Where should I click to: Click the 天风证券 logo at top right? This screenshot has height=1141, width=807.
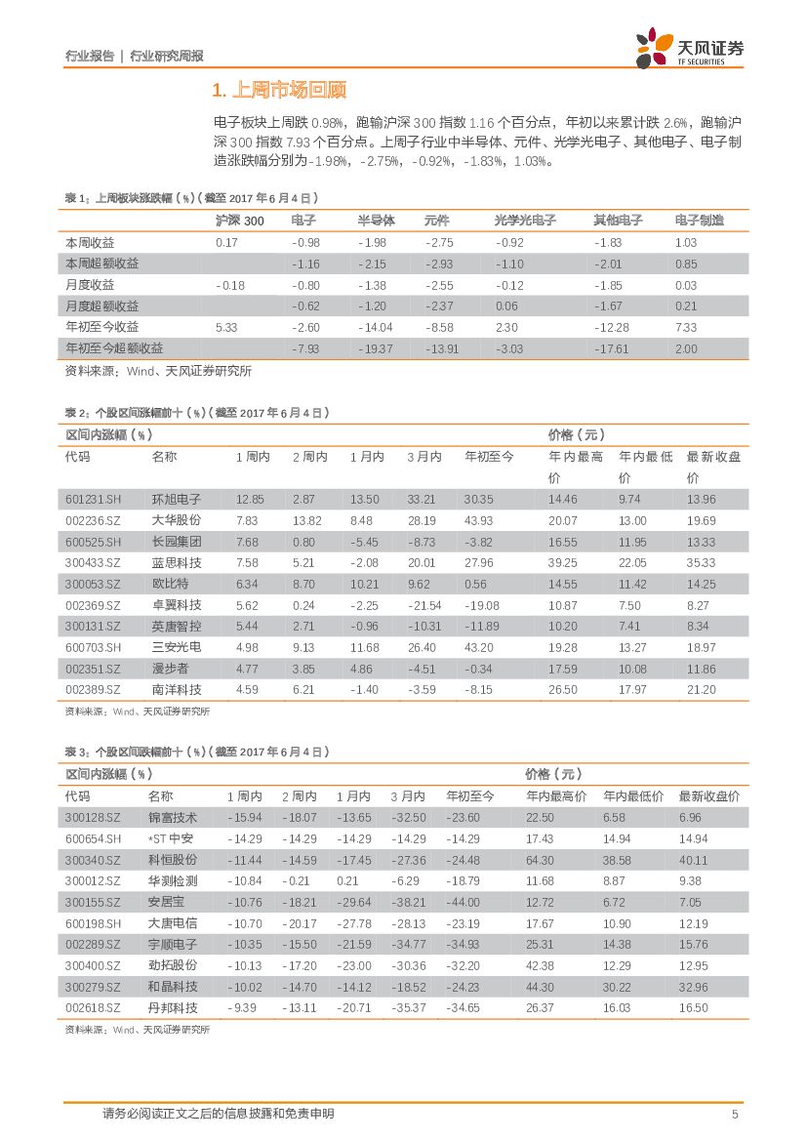coord(690,48)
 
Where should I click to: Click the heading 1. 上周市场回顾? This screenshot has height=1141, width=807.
coord(279,92)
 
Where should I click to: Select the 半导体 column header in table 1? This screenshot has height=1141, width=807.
coord(376,221)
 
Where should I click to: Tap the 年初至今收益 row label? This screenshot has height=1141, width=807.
coord(101,327)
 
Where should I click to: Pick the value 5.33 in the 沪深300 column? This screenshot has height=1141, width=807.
coord(226,327)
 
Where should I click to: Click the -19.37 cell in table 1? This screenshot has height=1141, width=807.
coord(375,348)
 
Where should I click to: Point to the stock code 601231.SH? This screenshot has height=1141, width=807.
coord(94,500)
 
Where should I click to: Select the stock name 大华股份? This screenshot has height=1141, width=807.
coord(177,521)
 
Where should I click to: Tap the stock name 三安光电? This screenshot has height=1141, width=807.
coord(177,648)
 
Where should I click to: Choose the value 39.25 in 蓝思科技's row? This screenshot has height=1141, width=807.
coord(562,563)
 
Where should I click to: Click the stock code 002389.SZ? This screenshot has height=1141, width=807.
coord(94,690)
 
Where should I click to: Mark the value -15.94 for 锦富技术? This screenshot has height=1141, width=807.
coord(244,818)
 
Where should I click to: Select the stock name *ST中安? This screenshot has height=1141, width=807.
coord(171,838)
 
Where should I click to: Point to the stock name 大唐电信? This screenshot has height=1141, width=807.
coord(172,923)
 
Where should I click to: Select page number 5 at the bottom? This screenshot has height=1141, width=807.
coord(735,1115)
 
